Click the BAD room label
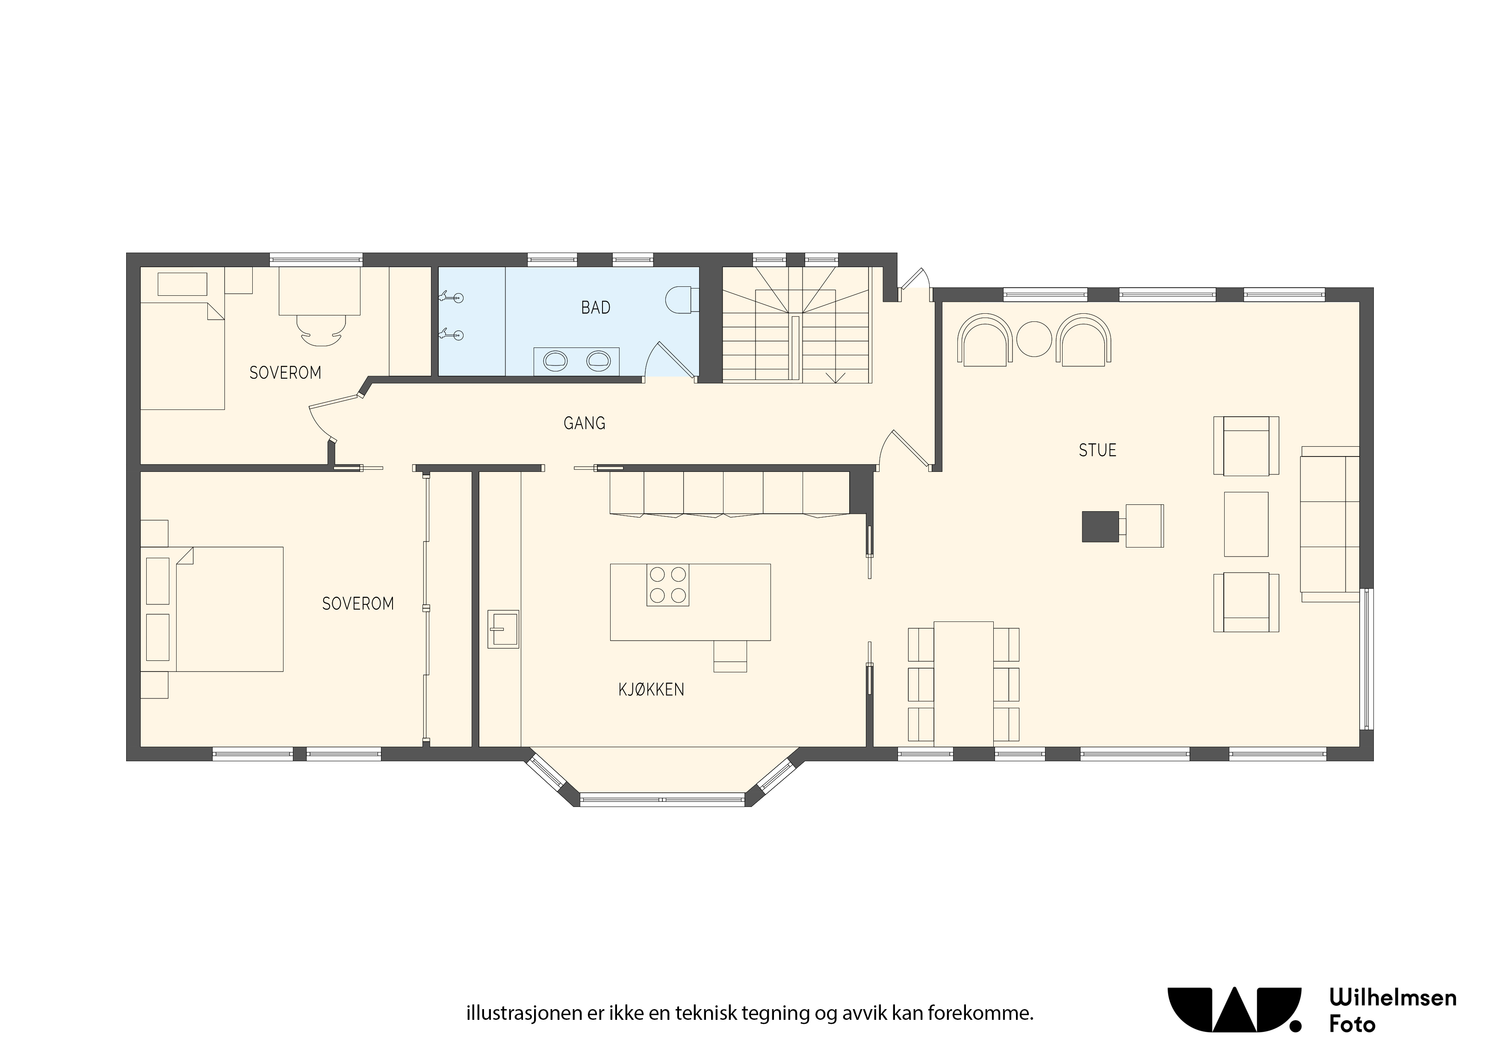595,308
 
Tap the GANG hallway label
584,423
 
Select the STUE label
1098,450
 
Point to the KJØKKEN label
651,690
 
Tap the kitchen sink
503,629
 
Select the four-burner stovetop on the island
667,585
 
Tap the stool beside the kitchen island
730,657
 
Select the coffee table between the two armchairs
1246,524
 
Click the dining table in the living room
964,683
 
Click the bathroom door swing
670,360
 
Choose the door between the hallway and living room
905,450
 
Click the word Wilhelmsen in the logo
1393,998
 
